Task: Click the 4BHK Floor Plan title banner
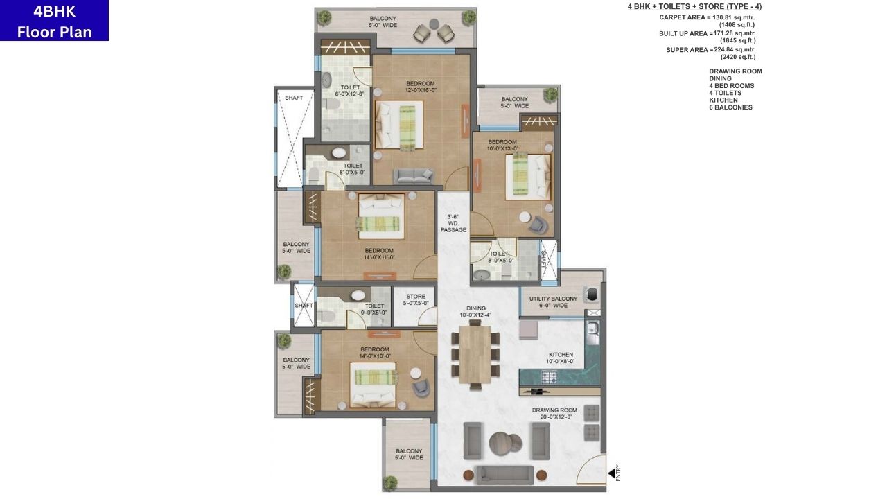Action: (x=54, y=21)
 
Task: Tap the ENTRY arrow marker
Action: (x=612, y=473)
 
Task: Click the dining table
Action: (x=475, y=354)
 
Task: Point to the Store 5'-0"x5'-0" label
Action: (x=416, y=299)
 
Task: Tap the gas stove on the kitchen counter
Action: (x=550, y=378)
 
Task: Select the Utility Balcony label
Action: (x=553, y=301)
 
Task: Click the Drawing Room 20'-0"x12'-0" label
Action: (x=554, y=413)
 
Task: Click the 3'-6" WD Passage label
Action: (x=454, y=223)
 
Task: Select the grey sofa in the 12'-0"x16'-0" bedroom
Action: (x=413, y=176)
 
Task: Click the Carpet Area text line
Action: (x=707, y=17)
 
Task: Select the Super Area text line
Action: (x=710, y=50)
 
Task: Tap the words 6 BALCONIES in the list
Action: (x=730, y=107)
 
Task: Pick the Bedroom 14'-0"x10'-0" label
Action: (x=374, y=353)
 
